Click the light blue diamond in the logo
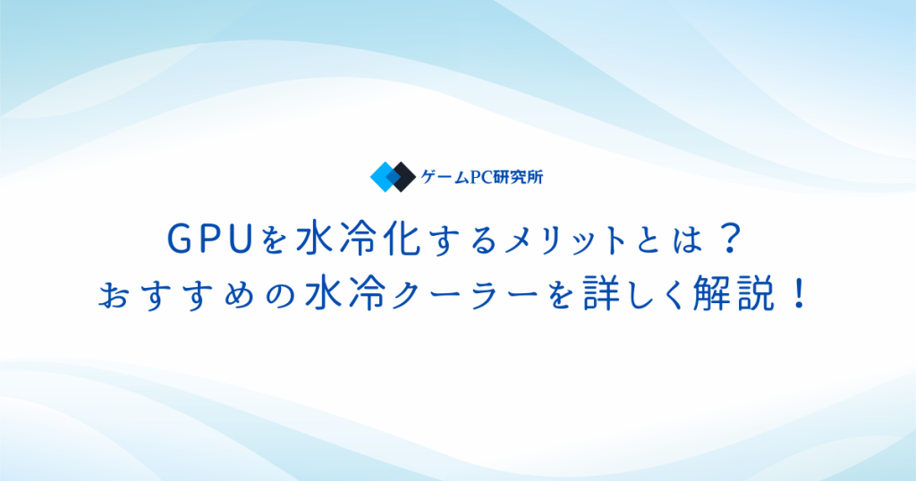[x=383, y=177]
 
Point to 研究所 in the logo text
[x=517, y=177]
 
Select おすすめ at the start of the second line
[x=176, y=295]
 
